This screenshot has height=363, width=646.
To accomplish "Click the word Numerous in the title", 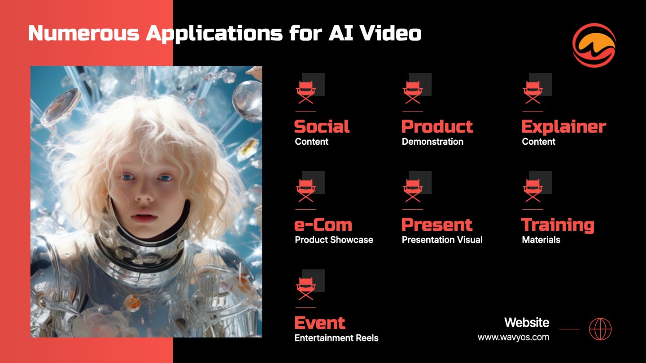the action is [x=84, y=33].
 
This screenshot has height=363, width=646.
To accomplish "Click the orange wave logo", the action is [x=594, y=45].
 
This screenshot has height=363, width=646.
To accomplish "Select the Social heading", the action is [x=322, y=126].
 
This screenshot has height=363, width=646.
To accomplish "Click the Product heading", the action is [x=437, y=126].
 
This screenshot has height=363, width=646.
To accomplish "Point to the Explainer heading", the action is [x=564, y=127].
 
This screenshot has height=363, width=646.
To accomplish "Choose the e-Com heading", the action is [x=323, y=225].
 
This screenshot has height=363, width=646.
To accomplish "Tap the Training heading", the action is [x=558, y=225].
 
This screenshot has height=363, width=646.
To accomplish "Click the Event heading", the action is [x=319, y=323].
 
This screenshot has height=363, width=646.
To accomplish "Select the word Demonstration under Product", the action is [x=432, y=142].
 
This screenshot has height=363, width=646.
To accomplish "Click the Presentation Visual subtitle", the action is [x=442, y=240].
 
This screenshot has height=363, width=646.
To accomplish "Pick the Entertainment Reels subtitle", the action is [x=336, y=338].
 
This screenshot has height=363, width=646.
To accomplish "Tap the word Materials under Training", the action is [x=541, y=240].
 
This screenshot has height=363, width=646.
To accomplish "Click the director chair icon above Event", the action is [x=306, y=289].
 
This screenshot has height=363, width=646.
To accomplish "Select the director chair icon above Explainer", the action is [x=533, y=92].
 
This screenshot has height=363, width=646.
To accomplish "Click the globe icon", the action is [x=600, y=329].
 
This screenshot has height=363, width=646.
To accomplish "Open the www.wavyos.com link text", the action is [x=513, y=337].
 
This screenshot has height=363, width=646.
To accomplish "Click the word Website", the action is [x=527, y=322].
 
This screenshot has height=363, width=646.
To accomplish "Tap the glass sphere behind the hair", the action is [x=247, y=100].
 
